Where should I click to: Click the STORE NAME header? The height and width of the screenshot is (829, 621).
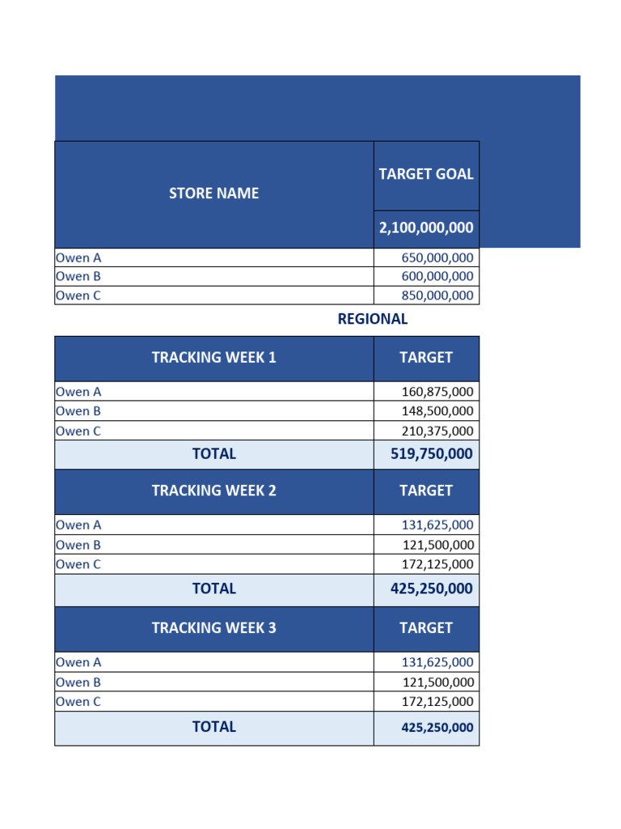pyautogui.click(x=214, y=193)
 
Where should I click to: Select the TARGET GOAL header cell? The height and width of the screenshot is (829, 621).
pyautogui.click(x=426, y=174)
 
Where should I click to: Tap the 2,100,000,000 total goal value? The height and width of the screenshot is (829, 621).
pyautogui.click(x=426, y=228)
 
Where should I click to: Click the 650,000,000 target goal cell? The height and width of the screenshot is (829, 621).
pyautogui.click(x=437, y=258)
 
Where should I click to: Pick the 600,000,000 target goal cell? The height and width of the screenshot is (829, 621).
pyautogui.click(x=437, y=276)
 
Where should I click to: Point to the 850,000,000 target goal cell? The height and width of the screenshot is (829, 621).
pyautogui.click(x=437, y=295)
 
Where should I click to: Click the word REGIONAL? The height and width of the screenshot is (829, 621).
pyautogui.click(x=373, y=319)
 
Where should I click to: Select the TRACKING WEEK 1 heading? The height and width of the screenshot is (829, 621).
pyautogui.click(x=214, y=357)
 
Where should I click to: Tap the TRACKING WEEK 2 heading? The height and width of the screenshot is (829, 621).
pyautogui.click(x=214, y=491)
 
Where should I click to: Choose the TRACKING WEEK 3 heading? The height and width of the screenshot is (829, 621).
pyautogui.click(x=214, y=627)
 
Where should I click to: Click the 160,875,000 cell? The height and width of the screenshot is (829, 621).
pyautogui.click(x=437, y=392)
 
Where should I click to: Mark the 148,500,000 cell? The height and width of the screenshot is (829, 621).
pyautogui.click(x=437, y=411)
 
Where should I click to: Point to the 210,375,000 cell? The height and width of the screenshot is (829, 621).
pyautogui.click(x=437, y=432)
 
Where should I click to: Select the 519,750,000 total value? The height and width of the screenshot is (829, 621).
pyautogui.click(x=426, y=454)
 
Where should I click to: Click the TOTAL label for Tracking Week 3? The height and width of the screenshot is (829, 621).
pyautogui.click(x=214, y=727)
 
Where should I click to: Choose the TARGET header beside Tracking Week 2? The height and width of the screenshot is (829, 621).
pyautogui.click(x=426, y=491)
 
